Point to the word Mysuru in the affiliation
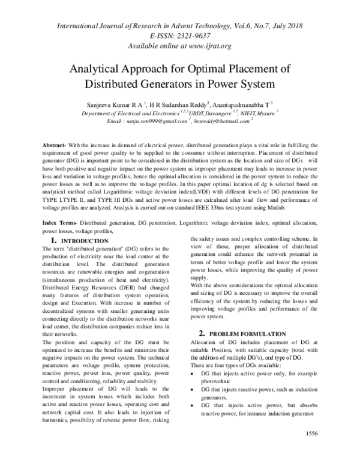click(263, 112)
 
